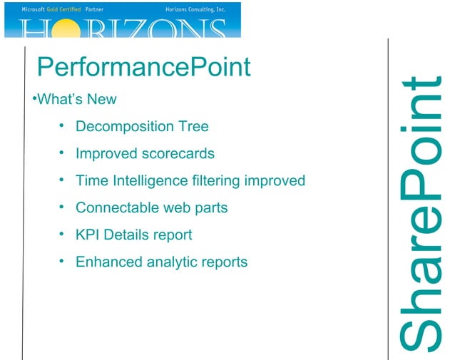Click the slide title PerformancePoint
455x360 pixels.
143,68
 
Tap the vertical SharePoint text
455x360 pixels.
421,214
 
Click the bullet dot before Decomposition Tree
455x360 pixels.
62,126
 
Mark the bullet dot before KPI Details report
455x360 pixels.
62,235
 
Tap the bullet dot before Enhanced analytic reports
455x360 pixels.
62,262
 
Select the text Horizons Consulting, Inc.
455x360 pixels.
190,9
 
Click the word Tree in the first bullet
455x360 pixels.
195,127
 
